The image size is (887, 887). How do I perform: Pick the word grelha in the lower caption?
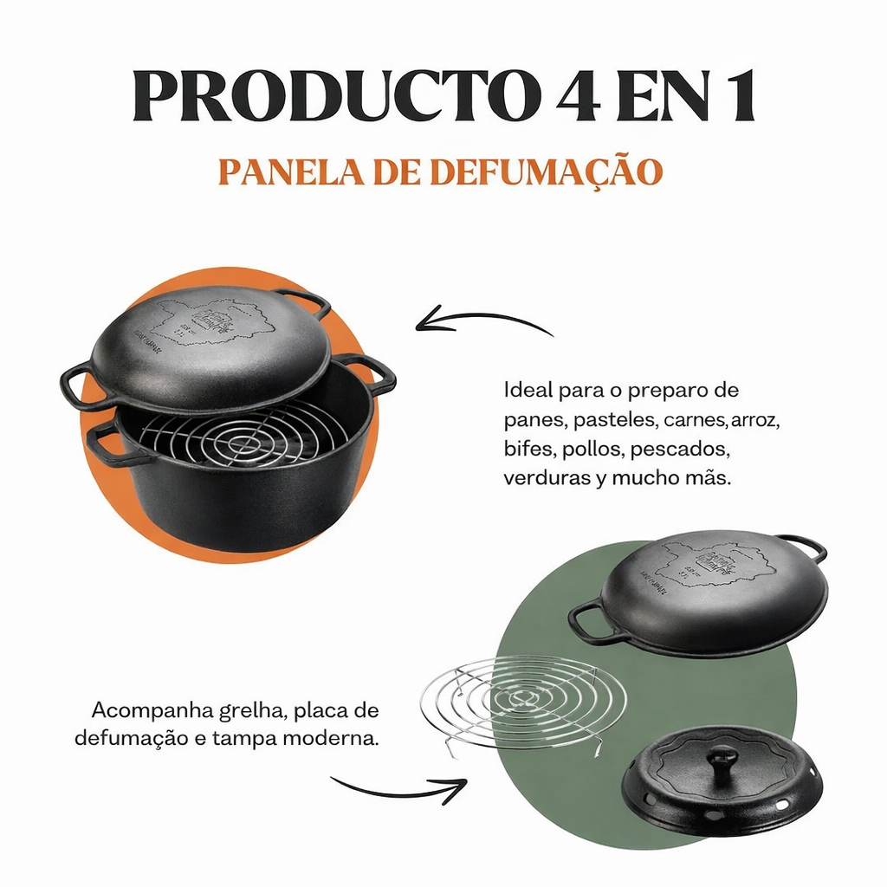click(260, 712)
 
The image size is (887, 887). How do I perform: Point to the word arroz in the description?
click(756, 422)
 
